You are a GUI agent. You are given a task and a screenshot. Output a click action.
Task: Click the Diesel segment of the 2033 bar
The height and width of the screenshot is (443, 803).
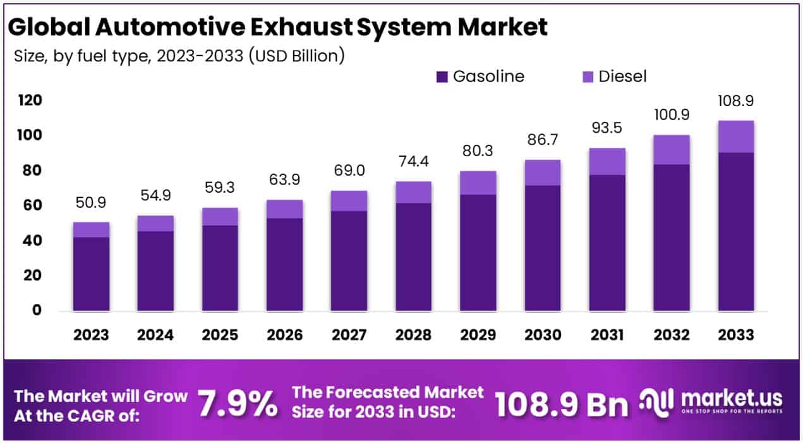pyautogui.click(x=735, y=137)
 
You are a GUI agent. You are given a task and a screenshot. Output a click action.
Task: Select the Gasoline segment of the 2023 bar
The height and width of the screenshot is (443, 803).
pyautogui.click(x=91, y=274)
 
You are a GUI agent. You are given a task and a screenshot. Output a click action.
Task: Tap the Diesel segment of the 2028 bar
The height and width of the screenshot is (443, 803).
pyautogui.click(x=413, y=192)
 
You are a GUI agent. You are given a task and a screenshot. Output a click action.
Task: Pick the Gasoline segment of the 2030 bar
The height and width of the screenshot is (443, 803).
pyautogui.click(x=542, y=248)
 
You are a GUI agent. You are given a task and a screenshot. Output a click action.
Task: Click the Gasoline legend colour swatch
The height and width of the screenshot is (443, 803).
pyautogui.click(x=442, y=77)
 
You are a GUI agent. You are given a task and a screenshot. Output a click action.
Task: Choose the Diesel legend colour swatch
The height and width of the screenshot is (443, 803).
pyautogui.click(x=587, y=77)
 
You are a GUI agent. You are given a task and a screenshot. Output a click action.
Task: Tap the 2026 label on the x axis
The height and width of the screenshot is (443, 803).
pyautogui.click(x=284, y=334)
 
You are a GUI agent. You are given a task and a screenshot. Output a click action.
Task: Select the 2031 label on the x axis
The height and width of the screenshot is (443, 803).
pyautogui.click(x=607, y=334)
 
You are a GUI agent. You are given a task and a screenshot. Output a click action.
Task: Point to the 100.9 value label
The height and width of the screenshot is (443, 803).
pyautogui.click(x=671, y=116)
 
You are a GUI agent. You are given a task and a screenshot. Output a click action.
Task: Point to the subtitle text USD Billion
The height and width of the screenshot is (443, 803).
pyautogui.click(x=297, y=56)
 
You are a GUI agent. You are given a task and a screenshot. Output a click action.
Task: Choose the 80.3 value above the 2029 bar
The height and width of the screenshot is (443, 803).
pyautogui.click(x=478, y=152)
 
